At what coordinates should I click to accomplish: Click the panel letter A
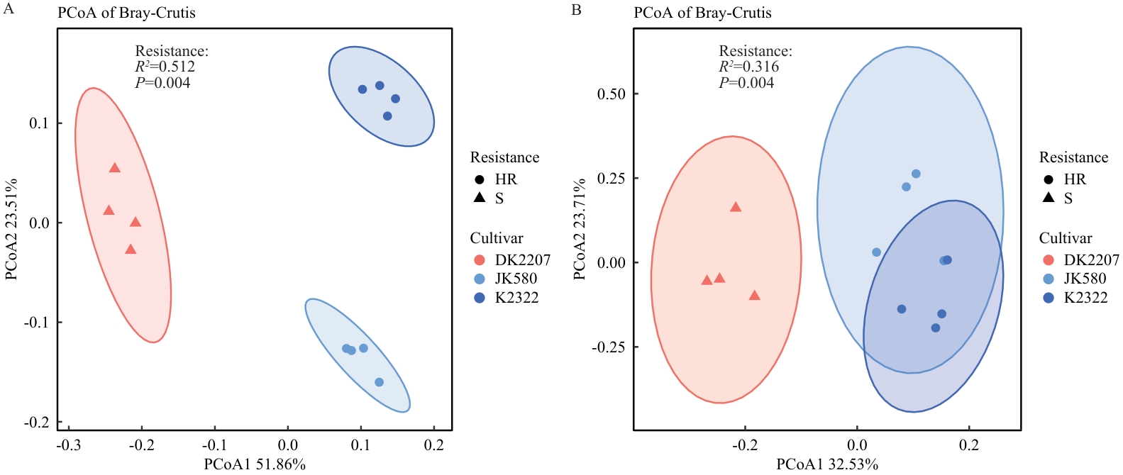tap(9, 9)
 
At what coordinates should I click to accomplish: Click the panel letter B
tap(577, 9)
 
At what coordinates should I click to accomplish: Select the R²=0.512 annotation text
tap(165, 67)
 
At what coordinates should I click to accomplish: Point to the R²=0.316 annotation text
tap(748, 67)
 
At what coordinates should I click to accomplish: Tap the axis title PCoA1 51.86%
tap(255, 464)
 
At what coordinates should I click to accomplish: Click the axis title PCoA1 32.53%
tap(827, 464)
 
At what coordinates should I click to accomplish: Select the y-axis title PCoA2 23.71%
tap(580, 229)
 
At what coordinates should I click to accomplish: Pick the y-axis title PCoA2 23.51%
tap(11, 229)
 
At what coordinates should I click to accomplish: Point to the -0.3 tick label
tap(68, 445)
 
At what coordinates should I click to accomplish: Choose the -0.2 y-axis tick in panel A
tap(36, 423)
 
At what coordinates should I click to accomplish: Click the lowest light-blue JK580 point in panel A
tap(379, 382)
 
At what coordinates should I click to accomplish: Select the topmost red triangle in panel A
tap(115, 168)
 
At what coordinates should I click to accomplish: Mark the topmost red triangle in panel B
tap(736, 207)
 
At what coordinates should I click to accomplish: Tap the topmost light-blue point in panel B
tap(916, 174)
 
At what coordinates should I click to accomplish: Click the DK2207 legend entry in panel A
tap(522, 260)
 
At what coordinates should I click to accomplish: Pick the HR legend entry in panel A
tap(506, 179)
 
